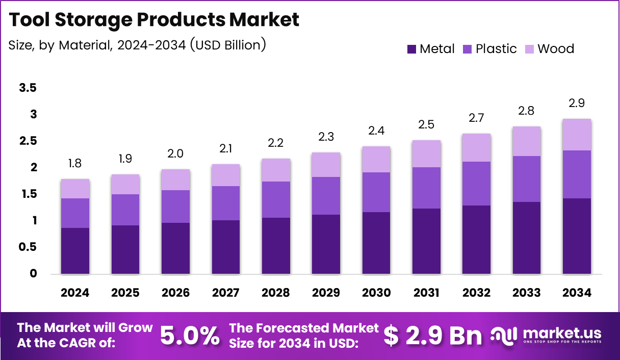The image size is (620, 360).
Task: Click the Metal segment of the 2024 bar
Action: [x=75, y=250]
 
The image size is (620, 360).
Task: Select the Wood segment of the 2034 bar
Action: [x=577, y=135]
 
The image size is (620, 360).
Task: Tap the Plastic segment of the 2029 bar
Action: [x=326, y=196]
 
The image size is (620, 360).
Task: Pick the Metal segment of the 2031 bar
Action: [x=426, y=241]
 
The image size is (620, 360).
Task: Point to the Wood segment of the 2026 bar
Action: [x=175, y=179]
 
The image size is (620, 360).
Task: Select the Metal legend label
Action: [x=437, y=49]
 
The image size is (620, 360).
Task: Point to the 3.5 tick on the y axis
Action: [x=28, y=88]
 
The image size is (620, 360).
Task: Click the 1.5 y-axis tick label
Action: [x=28, y=194]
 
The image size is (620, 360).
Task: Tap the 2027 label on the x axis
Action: [x=225, y=293]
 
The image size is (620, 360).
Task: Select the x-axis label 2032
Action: [x=477, y=293]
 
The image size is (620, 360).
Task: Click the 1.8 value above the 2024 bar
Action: [x=75, y=164]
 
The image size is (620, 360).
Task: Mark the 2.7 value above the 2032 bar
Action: [x=477, y=118]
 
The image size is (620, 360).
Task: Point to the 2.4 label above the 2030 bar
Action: [x=376, y=131]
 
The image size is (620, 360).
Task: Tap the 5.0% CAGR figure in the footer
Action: [x=190, y=336]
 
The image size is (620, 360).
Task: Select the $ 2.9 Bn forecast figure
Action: [x=432, y=336]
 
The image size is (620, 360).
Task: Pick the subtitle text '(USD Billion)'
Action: [x=227, y=45]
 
